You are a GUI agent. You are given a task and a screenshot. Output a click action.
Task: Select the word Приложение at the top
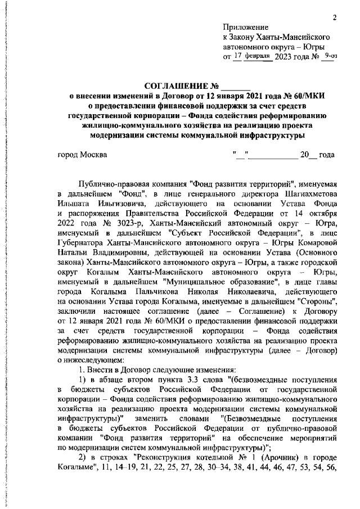tap(246, 27)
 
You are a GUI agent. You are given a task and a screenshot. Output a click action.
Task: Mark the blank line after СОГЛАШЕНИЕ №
tap(235, 88)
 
